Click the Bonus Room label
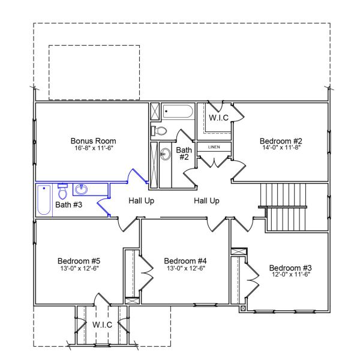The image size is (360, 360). (x=93, y=141)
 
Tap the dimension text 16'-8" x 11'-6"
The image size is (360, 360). (x=94, y=148)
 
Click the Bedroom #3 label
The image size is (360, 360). (x=290, y=268)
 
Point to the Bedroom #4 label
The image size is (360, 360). (x=185, y=261)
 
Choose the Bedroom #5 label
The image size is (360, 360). (x=79, y=261)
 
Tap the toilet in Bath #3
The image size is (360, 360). (x=62, y=191)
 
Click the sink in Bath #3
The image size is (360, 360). (x=82, y=190)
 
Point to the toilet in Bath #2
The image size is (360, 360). (x=160, y=130)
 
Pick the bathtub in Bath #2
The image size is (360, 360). (x=178, y=112)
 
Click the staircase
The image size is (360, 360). (x=286, y=207)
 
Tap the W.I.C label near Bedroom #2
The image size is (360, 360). (x=218, y=117)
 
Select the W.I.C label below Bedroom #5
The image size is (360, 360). (x=101, y=325)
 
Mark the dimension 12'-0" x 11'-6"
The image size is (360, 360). (x=290, y=275)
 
